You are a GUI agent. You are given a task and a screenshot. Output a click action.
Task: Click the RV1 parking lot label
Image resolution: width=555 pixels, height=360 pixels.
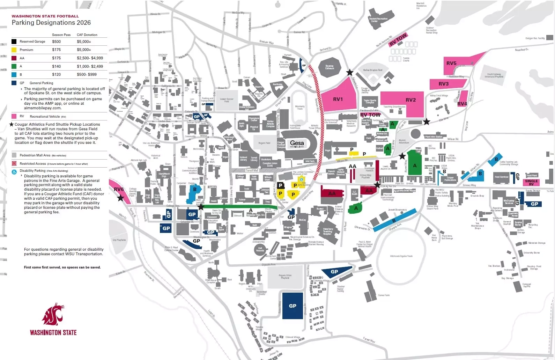[x=338, y=99]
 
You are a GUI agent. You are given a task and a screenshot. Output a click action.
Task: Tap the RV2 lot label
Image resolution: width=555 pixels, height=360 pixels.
[x=411, y=100]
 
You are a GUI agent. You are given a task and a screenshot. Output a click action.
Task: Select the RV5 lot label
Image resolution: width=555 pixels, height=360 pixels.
[x=451, y=63]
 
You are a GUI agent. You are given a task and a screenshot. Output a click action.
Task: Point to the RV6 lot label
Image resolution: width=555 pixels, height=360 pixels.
[x=119, y=189]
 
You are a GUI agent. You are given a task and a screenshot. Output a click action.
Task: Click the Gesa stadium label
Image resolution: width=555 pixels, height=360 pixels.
[x=297, y=143]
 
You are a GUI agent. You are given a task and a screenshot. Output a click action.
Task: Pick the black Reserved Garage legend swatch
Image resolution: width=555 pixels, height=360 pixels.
[x=14, y=42]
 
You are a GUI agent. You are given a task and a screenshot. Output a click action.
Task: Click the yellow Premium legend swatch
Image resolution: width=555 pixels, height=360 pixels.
[x=14, y=50]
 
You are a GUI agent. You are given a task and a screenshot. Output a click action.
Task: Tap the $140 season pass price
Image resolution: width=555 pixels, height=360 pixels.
[x=57, y=66]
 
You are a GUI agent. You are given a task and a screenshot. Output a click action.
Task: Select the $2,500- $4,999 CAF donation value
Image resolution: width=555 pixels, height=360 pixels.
[x=90, y=58]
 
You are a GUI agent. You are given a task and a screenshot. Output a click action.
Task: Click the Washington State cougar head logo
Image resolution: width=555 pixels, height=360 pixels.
[x=53, y=314]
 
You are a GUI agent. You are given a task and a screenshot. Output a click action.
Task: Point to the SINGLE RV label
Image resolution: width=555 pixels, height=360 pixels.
[x=531, y=183]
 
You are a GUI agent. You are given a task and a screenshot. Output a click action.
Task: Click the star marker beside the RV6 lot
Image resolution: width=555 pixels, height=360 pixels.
[x=121, y=198]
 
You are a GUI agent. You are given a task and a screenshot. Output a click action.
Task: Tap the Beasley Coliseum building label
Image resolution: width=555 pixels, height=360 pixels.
[x=330, y=67]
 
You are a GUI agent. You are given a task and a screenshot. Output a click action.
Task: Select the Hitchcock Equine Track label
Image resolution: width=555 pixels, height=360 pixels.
[x=401, y=256]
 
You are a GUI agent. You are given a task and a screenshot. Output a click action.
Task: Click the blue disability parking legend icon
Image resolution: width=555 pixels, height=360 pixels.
[x=14, y=172]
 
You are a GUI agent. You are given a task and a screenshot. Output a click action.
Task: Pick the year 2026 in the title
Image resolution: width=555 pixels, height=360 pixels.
[x=84, y=23]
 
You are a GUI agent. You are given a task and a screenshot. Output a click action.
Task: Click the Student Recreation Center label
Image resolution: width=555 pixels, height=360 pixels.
[x=378, y=20]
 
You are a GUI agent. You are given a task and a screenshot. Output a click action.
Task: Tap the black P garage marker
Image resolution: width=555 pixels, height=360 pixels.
[x=281, y=185]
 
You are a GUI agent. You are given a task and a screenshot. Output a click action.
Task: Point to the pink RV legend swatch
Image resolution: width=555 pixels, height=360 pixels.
[x=14, y=116]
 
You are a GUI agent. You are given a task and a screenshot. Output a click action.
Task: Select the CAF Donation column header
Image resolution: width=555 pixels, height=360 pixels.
[x=87, y=35]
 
